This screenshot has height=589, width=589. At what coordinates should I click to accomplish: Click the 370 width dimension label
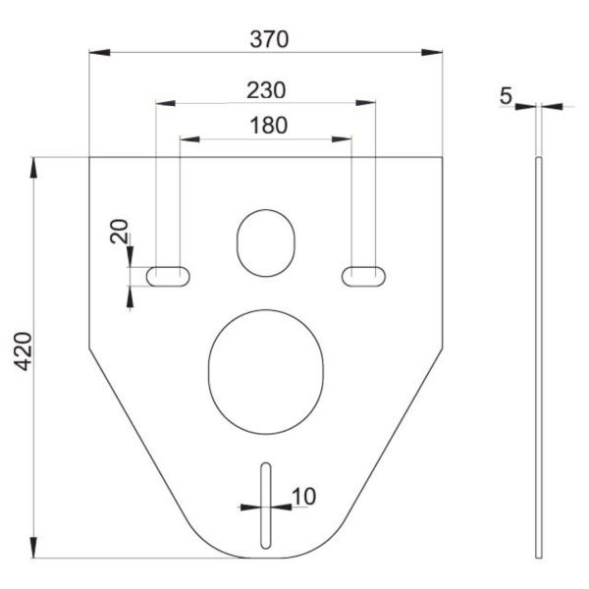[x=269, y=39]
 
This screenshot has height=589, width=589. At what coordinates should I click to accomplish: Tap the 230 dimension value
[x=266, y=90]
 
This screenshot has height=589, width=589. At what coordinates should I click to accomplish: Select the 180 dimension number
[x=268, y=126]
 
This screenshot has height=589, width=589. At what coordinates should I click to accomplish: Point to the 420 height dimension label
[x=23, y=351]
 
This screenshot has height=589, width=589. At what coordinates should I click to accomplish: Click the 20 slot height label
[x=119, y=231]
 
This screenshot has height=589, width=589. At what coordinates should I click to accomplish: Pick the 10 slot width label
[x=304, y=496]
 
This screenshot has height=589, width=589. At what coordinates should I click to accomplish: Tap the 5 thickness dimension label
[x=506, y=96]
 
